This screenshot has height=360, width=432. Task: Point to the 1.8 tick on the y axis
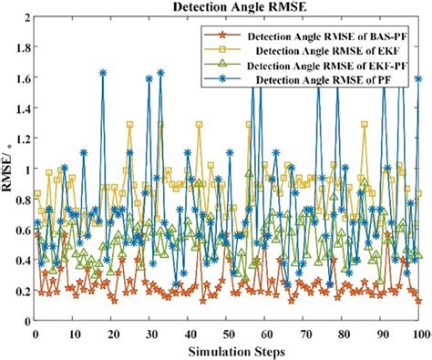(x=22, y=48)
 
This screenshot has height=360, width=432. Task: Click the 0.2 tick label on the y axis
(x=22, y=291)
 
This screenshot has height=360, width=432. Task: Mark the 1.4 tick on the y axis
(x=22, y=108)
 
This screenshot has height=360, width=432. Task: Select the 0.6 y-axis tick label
(x=22, y=230)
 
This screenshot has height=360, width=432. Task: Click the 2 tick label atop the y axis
(x=26, y=17)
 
